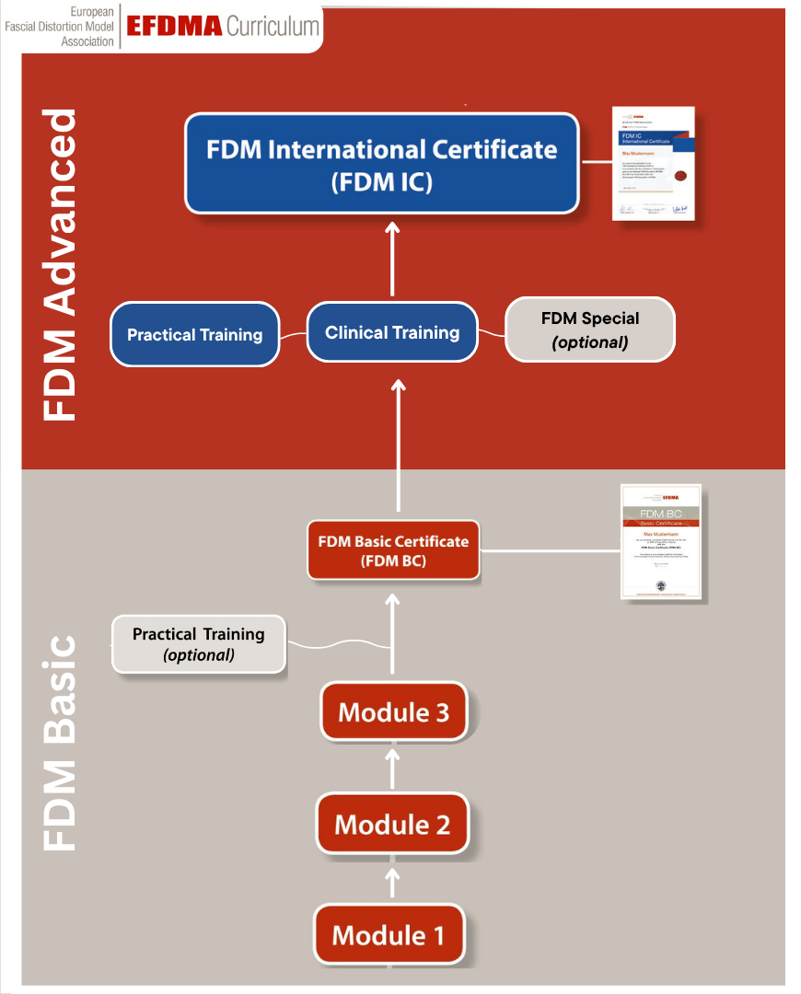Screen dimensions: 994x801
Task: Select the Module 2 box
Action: click(392, 824)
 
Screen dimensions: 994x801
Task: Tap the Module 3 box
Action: click(393, 711)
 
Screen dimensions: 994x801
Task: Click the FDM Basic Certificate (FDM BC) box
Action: click(393, 550)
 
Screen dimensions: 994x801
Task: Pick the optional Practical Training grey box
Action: click(198, 643)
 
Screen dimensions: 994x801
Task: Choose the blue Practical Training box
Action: click(194, 334)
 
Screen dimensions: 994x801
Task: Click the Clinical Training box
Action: click(392, 332)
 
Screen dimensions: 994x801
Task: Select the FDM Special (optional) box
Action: click(589, 329)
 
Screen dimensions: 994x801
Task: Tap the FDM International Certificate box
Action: click(381, 164)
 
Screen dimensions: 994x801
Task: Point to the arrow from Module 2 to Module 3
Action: click(393, 767)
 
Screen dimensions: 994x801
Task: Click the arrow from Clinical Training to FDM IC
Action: click(393, 259)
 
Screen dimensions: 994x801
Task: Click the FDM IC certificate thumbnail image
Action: click(654, 165)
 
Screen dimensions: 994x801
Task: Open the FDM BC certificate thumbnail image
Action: click(660, 542)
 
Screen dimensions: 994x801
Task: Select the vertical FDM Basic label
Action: click(60, 740)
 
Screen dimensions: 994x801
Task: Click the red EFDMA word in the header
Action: click(174, 26)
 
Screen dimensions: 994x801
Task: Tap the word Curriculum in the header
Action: click(273, 26)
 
